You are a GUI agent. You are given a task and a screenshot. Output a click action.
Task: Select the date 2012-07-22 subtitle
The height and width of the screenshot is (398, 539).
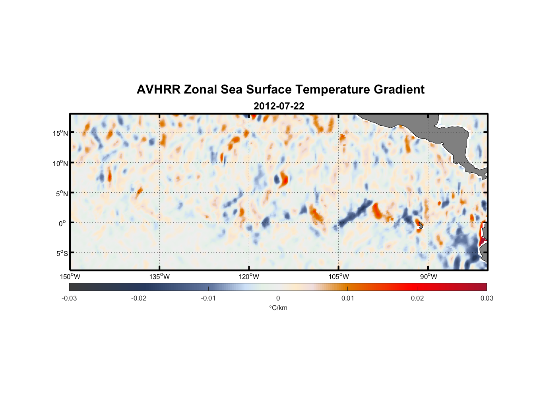click(279, 106)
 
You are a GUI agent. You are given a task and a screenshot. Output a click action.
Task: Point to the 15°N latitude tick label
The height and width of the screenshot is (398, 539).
click(60, 133)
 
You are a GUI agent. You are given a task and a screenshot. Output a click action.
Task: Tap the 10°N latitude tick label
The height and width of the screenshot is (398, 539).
click(60, 163)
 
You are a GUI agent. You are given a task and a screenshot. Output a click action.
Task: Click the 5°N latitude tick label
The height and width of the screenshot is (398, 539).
click(62, 193)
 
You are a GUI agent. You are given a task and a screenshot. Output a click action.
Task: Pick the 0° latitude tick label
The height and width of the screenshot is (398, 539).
click(62, 223)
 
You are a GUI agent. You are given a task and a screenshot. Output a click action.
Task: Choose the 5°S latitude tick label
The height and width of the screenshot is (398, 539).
click(62, 254)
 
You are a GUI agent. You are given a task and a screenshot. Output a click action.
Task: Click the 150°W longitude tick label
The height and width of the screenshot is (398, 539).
click(70, 277)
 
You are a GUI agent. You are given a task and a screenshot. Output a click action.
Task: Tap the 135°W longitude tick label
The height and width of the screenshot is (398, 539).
click(160, 277)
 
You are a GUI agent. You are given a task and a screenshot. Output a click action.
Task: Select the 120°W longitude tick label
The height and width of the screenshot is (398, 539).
click(249, 277)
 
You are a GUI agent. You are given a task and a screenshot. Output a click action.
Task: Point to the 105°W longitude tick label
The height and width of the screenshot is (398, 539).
click(339, 277)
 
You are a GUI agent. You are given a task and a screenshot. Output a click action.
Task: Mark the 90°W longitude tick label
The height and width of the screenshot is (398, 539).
click(428, 277)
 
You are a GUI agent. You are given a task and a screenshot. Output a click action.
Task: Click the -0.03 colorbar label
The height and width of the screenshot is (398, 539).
click(69, 298)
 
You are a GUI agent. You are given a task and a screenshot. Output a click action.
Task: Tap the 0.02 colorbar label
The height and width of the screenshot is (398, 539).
click(417, 298)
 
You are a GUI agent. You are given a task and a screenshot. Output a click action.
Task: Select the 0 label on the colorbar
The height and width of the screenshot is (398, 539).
click(278, 298)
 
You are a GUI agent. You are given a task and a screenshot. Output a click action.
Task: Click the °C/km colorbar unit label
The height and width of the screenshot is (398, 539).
click(278, 308)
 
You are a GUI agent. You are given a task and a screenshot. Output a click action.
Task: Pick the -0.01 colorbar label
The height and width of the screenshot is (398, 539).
click(208, 298)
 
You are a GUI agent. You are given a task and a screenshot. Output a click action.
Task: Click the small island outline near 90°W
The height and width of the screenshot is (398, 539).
click(421, 226)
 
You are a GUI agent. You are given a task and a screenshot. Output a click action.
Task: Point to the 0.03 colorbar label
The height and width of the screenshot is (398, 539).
click(487, 298)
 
